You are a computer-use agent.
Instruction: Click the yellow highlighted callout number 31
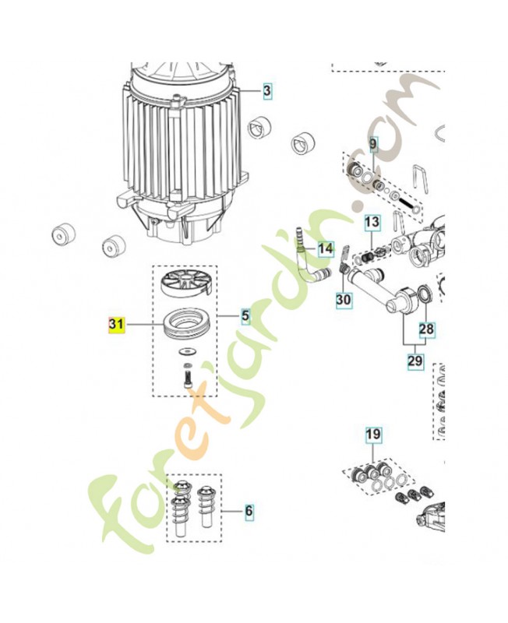point(116,324)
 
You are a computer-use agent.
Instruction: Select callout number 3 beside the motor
point(266,90)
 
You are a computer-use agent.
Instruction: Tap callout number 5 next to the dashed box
point(245,316)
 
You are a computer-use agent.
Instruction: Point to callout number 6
point(249,510)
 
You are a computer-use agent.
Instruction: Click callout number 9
point(373,144)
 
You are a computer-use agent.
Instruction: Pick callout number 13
point(372,221)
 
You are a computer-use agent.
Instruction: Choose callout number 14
point(326,249)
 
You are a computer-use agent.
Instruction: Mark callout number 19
point(373,434)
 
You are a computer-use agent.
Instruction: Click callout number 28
point(426,329)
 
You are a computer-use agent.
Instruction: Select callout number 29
point(415,361)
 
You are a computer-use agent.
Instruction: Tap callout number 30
point(344,299)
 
